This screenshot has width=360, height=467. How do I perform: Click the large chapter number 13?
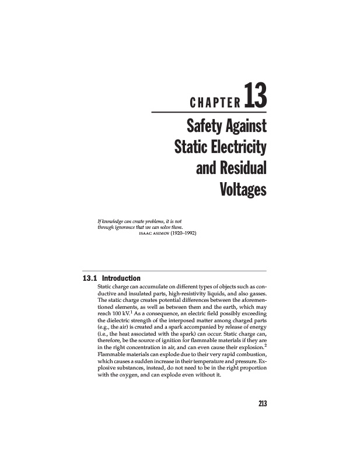[256, 97]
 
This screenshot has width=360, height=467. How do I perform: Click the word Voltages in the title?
[243, 190]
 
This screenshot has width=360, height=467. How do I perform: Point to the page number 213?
[261, 403]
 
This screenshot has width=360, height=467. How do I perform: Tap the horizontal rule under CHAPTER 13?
[209, 112]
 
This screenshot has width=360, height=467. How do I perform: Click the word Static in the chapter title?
[190, 147]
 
